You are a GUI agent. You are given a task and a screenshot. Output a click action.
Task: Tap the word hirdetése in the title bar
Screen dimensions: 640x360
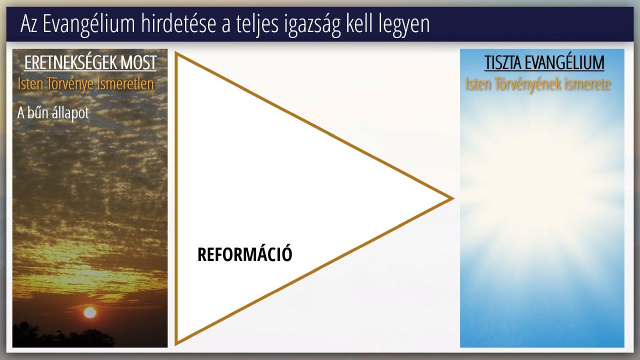click(178, 24)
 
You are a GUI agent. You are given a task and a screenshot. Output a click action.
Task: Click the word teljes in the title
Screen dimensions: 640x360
click(257, 25)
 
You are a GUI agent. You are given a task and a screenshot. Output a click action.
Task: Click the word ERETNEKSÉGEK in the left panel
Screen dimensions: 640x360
click(70, 62)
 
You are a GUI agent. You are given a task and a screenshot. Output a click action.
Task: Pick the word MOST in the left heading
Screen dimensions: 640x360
click(138, 62)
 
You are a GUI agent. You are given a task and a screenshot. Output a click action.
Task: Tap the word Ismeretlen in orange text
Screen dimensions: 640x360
click(125, 83)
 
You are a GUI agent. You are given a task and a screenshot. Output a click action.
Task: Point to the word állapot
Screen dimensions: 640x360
click(70, 113)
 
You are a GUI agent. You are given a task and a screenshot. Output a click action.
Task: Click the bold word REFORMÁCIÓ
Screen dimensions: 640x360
click(245, 254)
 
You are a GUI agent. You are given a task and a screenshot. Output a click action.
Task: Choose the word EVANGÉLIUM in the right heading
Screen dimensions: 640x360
click(564, 62)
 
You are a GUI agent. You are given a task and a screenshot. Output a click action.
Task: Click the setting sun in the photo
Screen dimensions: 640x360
click(90, 312)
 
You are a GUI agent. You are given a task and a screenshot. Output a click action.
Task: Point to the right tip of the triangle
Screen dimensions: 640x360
click(453, 198)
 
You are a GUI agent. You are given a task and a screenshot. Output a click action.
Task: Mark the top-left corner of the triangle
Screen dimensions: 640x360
click(175, 52)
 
